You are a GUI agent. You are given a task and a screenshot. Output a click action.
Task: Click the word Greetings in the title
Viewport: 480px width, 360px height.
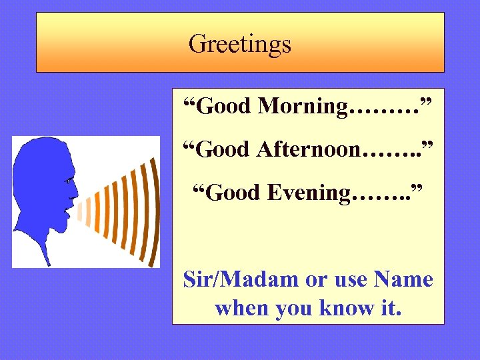pos(240,44)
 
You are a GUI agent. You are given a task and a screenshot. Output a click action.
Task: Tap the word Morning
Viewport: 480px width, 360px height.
pos(303,105)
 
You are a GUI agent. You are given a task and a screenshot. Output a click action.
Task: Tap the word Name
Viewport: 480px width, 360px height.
pos(404,279)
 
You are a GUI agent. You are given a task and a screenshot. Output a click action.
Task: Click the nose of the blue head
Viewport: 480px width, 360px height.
pos(75,194)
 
